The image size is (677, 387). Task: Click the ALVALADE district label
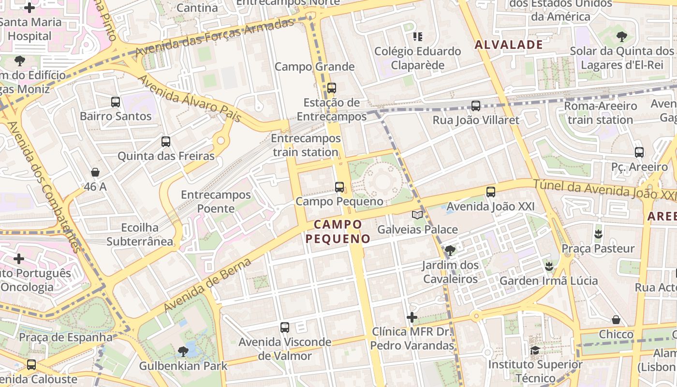509,45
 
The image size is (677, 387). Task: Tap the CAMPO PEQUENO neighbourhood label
338,231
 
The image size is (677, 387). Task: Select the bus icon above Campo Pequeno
339,187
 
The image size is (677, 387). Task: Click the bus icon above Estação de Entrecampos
332,88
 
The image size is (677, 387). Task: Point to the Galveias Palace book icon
417,215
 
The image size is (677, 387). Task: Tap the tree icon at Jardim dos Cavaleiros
450,251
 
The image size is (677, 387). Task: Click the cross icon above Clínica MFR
412,317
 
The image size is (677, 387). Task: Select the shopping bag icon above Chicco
616,320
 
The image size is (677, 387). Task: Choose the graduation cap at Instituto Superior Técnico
535,350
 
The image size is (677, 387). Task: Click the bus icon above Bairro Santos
116,102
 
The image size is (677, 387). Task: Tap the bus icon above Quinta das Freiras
166,142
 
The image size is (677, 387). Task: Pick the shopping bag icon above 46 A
95,172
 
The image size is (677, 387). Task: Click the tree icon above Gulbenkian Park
183,351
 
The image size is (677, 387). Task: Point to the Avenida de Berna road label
208,285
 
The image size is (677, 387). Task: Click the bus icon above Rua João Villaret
476,106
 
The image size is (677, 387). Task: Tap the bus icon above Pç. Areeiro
639,152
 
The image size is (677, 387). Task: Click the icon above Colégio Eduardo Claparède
418,37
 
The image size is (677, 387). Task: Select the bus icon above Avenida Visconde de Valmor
285,327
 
